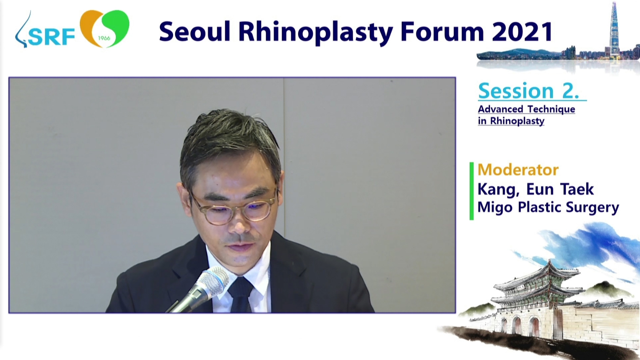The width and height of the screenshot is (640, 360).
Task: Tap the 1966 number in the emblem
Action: coord(104,38)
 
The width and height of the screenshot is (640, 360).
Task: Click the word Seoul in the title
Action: coord(195,31)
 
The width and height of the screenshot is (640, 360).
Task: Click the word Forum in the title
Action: coord(442,31)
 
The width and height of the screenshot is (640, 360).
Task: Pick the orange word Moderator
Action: coord(518,170)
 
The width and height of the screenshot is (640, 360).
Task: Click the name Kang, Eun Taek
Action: coord(536,189)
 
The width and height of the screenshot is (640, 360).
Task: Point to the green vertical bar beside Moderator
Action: coord(472,191)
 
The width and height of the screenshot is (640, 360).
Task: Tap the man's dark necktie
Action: coord(241,294)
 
